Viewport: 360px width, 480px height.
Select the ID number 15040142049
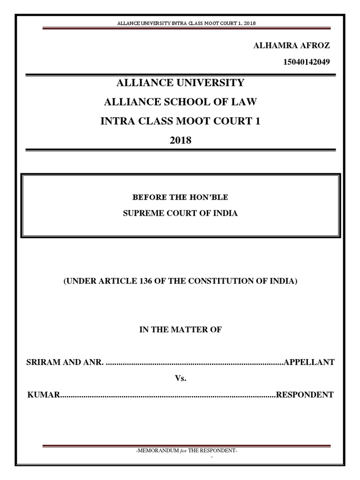coord(307,64)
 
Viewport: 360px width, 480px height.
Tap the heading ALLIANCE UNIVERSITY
coord(180,83)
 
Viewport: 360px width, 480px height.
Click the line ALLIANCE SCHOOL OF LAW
coord(180,102)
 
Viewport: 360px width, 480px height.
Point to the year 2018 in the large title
coord(180,140)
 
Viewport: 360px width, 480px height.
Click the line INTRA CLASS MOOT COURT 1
coord(180,121)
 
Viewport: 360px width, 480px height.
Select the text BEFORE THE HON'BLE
coord(180,198)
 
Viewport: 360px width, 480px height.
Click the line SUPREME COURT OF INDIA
coord(180,213)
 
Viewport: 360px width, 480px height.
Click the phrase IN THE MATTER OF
coord(180,330)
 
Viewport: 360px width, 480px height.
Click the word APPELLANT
coord(309,362)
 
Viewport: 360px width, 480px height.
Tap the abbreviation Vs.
coord(180,378)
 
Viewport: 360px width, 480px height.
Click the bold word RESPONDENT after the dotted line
coord(305,395)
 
